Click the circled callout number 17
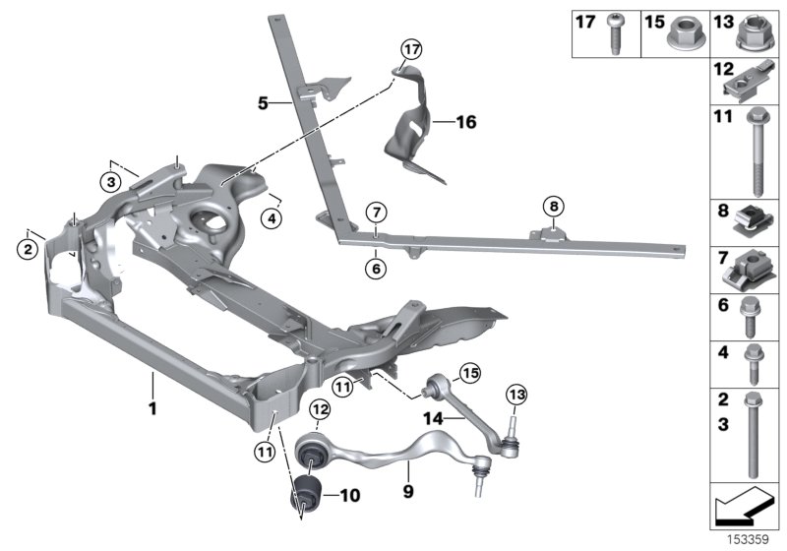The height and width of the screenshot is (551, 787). click(x=410, y=47)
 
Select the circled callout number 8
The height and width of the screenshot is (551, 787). click(x=553, y=207)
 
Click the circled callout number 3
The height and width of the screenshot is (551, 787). click(x=113, y=181)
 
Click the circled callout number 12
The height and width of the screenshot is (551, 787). click(x=319, y=408)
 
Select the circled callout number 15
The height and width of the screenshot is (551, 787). click(x=468, y=372)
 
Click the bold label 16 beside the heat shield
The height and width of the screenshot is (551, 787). click(x=465, y=123)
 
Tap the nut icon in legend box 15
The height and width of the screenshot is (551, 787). click(x=683, y=34)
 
